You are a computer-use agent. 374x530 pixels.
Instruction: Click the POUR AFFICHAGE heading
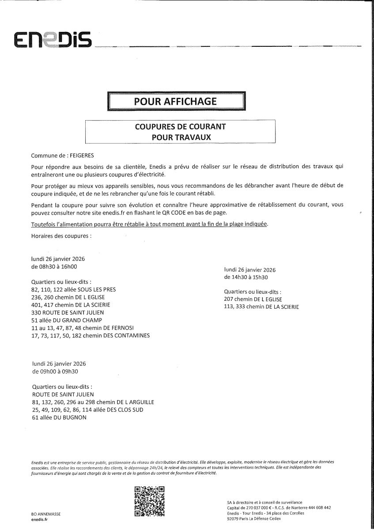click(176, 101)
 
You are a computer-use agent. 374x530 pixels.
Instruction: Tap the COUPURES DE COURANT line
click(180, 127)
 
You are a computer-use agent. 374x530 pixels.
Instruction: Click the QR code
click(149, 501)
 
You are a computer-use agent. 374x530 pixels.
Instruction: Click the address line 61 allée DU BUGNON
click(60, 418)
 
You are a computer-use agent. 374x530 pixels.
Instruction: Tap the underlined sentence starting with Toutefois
click(150, 224)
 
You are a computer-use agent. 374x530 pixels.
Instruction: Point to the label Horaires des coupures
click(61, 236)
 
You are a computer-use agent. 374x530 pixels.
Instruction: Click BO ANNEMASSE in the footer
click(46, 515)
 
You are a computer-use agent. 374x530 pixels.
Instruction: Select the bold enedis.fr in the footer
click(40, 520)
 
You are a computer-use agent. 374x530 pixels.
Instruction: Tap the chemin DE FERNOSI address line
click(83, 328)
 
